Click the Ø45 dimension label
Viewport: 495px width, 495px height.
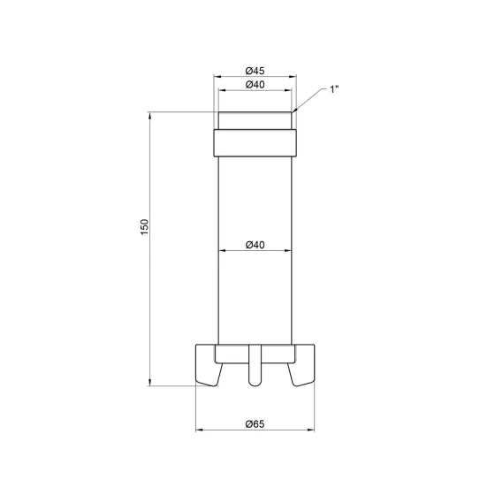tap(255, 71)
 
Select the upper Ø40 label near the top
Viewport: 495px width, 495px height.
tap(255, 85)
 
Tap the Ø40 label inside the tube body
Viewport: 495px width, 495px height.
tap(255, 245)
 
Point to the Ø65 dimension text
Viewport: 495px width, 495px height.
tap(255, 424)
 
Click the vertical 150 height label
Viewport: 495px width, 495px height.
tap(144, 227)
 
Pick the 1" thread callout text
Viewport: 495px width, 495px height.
tap(334, 89)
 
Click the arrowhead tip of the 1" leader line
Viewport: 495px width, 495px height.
tap(293, 111)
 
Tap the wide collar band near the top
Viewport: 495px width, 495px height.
tap(255, 143)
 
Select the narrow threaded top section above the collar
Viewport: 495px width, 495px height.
tap(255, 120)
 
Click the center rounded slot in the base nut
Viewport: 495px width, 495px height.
tap(255, 365)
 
